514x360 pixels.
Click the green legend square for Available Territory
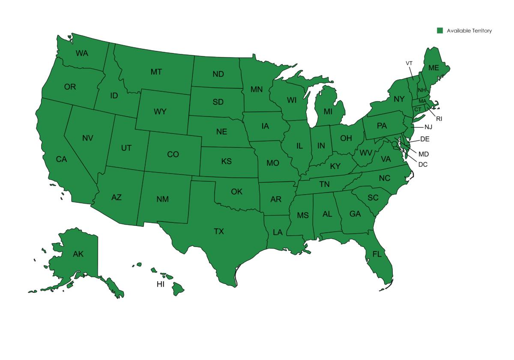[439, 30]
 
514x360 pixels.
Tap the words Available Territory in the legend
[469, 31]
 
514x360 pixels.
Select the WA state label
[82, 54]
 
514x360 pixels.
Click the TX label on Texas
[219, 231]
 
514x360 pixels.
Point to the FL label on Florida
[377, 254]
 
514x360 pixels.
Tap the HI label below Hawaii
[161, 284]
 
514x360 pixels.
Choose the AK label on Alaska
[78, 254]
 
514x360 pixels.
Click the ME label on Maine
[433, 68]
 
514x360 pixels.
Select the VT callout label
[409, 63]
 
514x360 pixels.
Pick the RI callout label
[439, 119]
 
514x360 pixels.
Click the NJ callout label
[428, 127]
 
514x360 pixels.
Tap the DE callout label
[424, 139]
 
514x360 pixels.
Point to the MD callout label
[423, 154]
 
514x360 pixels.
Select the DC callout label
[422, 164]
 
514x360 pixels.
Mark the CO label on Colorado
[173, 154]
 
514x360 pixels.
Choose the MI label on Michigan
[328, 111]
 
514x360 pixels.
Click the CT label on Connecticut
[418, 110]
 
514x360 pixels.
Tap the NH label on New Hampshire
[422, 90]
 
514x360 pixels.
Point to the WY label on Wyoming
[160, 112]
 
